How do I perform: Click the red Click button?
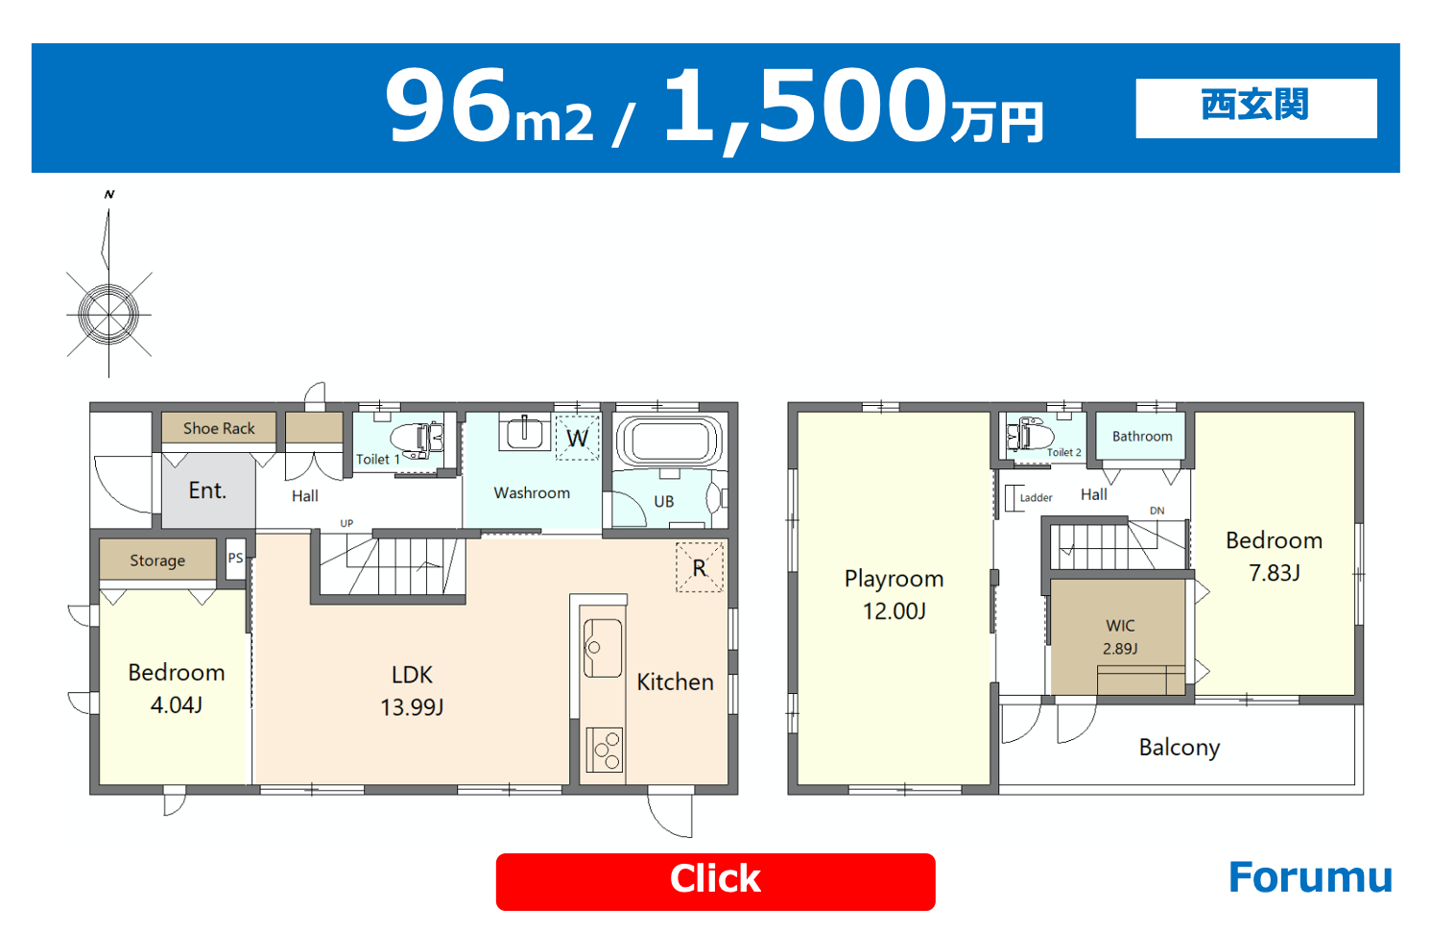(x=715, y=881)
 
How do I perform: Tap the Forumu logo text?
(x=1310, y=877)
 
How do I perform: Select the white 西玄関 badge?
(x=1255, y=108)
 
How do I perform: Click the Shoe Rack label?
(x=219, y=428)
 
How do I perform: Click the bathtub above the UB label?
(x=670, y=441)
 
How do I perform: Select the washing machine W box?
(x=578, y=438)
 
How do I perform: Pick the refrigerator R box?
(x=700, y=567)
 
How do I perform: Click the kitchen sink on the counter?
(x=602, y=648)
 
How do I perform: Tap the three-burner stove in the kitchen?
(x=605, y=750)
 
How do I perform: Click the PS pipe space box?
(x=236, y=559)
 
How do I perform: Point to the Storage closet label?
(x=157, y=561)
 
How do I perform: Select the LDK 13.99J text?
(x=412, y=691)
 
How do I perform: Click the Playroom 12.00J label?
(x=894, y=594)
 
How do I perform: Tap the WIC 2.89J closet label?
(x=1120, y=637)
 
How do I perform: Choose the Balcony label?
(x=1180, y=747)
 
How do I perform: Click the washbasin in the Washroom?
(x=524, y=432)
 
